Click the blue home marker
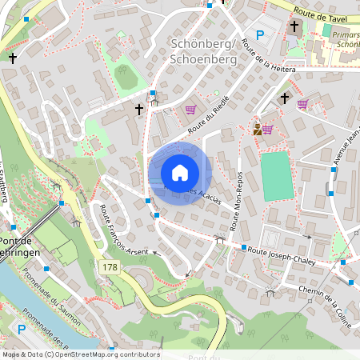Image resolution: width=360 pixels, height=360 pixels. click(180, 173)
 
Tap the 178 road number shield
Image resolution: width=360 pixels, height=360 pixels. click(110, 266)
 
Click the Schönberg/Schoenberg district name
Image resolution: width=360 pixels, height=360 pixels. click(203, 52)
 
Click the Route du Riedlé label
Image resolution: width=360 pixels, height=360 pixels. click(203, 120)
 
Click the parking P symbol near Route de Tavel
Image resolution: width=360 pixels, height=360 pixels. click(260, 34)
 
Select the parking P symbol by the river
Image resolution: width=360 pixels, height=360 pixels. click(22, 329)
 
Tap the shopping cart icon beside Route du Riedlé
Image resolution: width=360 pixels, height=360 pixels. click(190, 110)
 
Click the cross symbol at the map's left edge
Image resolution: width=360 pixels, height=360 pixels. click(13, 58)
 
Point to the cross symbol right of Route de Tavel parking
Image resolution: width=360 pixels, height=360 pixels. click(294, 26)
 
